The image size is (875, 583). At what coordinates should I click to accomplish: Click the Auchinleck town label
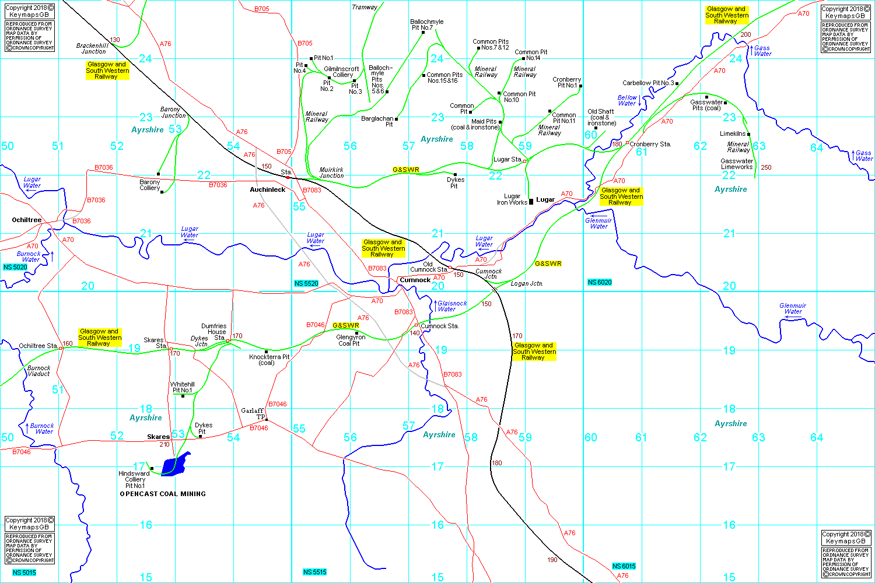tap(268, 189)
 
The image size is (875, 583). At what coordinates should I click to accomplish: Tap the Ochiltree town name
tap(27, 220)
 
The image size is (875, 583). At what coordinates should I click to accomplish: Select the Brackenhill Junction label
tap(93, 48)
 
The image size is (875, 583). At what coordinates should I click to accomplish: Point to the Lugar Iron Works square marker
tap(531, 202)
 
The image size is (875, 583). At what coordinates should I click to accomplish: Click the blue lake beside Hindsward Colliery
tap(176, 465)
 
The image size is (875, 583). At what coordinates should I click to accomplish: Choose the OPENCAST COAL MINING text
tap(163, 494)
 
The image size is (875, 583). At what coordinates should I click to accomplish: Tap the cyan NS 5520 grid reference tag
tap(306, 283)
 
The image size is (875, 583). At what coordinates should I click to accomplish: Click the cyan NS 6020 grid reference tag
tap(600, 282)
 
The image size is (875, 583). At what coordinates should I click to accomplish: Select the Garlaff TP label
tap(253, 413)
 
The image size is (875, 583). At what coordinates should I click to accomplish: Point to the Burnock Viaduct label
tap(39, 371)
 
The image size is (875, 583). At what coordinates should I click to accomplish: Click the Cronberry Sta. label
tap(650, 144)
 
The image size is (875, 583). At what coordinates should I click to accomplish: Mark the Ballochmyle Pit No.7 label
tap(427, 24)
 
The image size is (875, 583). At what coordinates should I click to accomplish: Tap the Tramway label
tap(365, 7)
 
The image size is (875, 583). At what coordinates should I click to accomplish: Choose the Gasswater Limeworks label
tap(737, 164)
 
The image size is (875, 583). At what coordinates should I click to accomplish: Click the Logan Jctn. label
tap(527, 283)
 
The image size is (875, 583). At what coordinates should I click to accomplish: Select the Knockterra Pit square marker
tap(267, 352)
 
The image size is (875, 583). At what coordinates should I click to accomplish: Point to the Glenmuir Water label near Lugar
tap(598, 223)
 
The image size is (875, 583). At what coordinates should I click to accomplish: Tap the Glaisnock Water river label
tap(452, 306)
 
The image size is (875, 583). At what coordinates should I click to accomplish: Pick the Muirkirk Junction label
tap(331, 173)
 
